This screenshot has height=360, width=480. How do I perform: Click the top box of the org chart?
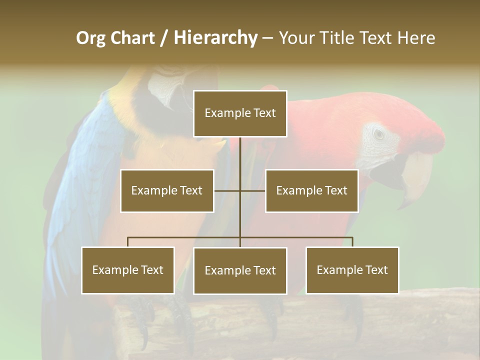[x=240, y=113]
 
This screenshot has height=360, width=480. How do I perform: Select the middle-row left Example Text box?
[x=167, y=190]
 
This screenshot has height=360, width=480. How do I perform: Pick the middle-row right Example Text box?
[x=311, y=190]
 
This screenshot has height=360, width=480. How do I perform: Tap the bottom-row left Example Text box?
[x=127, y=270]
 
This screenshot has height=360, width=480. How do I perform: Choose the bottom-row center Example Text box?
[x=240, y=270]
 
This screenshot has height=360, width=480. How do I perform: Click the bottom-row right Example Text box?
[x=352, y=270]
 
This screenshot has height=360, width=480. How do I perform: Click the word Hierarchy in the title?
[x=215, y=37]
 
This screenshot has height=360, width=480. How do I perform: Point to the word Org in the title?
[x=90, y=38]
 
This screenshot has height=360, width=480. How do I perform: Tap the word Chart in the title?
[x=133, y=37]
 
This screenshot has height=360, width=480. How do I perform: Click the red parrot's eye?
[x=379, y=134]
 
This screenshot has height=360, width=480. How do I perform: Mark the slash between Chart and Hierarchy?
[x=164, y=38]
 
